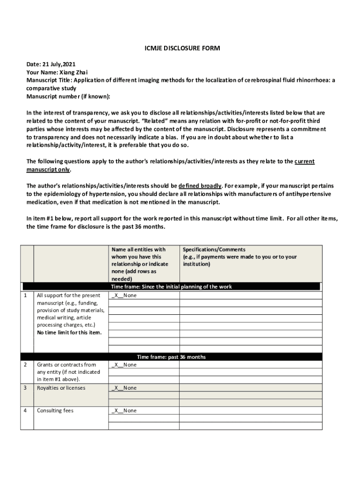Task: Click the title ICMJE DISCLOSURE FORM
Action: (180, 49)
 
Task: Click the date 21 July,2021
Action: (59, 64)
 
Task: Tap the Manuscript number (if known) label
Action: (68, 96)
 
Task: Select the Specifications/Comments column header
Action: (214, 250)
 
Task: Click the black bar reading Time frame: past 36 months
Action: (171, 357)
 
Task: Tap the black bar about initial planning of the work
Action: (171, 287)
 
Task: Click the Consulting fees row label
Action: (55, 411)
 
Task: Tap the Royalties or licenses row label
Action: (61, 388)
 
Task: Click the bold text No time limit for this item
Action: (69, 333)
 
